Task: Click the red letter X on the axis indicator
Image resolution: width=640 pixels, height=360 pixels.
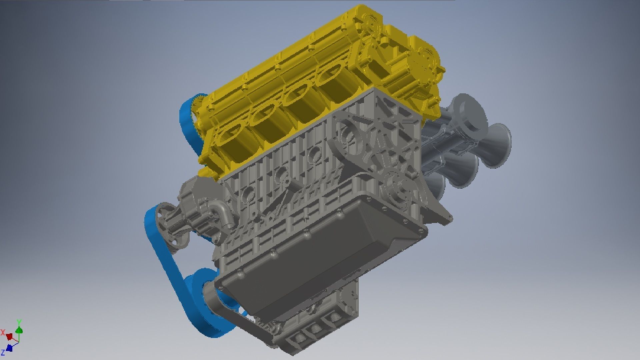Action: [x=3, y=332]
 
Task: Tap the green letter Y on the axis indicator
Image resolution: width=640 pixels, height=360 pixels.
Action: [x=19, y=322]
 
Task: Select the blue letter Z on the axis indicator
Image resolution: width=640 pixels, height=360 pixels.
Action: [x=3, y=352]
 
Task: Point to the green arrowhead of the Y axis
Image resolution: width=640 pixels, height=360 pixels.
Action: [x=19, y=330]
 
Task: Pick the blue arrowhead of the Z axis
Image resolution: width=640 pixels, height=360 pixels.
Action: [x=10, y=348]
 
